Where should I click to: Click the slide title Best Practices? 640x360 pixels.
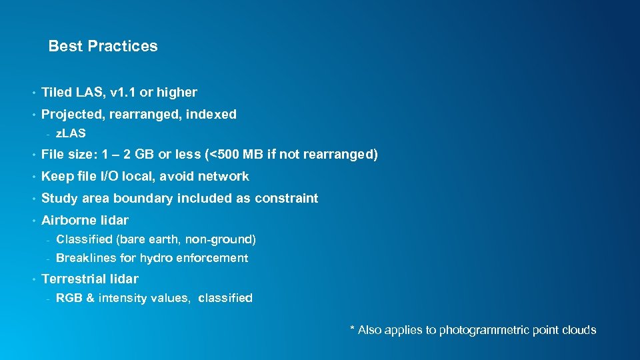(x=103, y=46)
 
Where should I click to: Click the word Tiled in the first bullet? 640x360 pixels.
(x=57, y=92)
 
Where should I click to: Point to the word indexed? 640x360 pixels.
(x=211, y=114)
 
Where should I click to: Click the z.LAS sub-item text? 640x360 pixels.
(x=71, y=134)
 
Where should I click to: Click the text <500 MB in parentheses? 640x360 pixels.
(x=234, y=155)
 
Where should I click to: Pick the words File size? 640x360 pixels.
(x=70, y=155)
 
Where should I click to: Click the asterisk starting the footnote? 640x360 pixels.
(x=353, y=329)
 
